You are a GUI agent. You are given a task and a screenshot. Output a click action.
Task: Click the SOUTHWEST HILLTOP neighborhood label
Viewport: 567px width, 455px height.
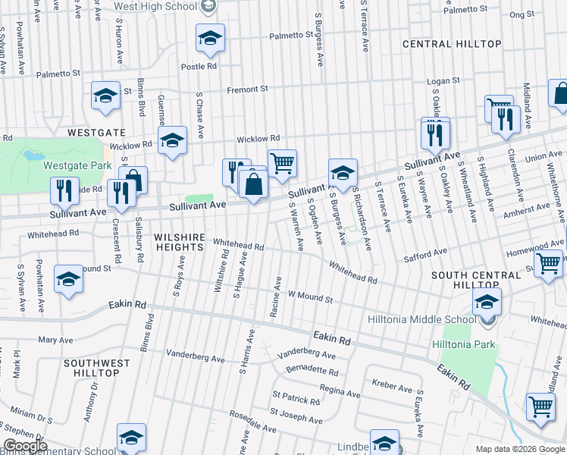[102, 369]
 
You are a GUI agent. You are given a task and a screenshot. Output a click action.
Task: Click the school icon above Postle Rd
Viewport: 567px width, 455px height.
[210, 38]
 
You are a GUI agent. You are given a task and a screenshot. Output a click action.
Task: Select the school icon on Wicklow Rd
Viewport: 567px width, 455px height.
[172, 140]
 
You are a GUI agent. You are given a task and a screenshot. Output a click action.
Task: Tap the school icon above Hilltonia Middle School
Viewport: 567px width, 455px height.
[487, 302]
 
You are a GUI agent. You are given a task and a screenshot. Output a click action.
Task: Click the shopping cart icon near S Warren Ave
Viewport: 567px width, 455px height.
[282, 163]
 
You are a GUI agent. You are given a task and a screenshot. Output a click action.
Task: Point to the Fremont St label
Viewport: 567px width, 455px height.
[249, 89]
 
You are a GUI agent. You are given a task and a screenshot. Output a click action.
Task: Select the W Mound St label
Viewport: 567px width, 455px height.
[309, 297]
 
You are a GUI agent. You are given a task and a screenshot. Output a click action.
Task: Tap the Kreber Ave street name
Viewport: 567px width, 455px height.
[392, 386]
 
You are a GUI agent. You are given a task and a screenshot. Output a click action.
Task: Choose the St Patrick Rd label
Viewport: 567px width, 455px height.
[297, 400]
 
